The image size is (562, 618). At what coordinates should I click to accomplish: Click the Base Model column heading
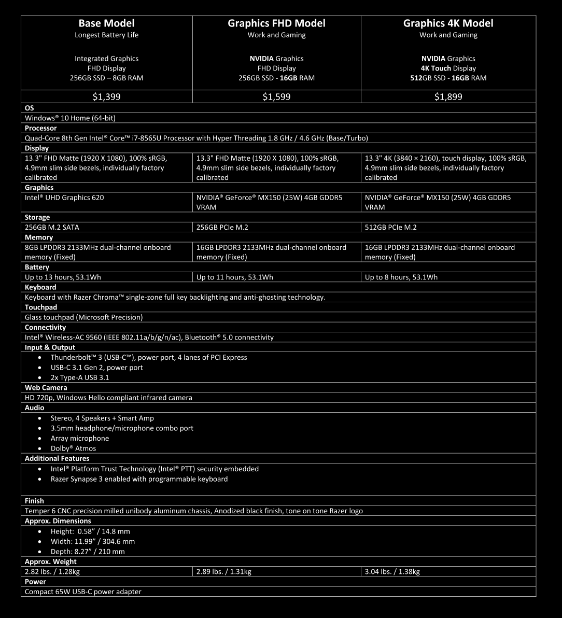click(106, 23)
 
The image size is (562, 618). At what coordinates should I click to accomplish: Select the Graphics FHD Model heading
click(276, 23)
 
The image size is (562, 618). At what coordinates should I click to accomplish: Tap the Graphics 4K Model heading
click(448, 23)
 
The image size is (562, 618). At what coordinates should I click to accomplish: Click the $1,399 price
click(106, 97)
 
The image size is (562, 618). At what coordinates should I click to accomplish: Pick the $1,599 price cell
click(276, 97)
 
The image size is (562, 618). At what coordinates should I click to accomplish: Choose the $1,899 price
click(448, 97)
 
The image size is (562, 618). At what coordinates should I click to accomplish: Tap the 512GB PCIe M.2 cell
click(391, 227)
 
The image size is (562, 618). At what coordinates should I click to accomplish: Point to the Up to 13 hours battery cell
click(63, 277)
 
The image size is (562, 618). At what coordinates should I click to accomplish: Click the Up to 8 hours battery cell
click(401, 277)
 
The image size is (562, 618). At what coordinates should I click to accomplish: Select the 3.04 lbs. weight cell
click(392, 571)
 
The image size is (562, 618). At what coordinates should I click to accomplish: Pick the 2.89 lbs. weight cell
click(224, 571)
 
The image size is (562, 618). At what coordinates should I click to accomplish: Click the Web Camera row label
click(46, 387)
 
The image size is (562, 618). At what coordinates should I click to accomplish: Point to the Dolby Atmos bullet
click(73, 448)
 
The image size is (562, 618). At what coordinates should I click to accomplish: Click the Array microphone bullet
click(80, 438)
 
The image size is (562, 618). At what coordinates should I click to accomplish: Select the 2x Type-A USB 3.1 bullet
click(80, 377)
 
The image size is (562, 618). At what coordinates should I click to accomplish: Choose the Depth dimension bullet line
click(88, 552)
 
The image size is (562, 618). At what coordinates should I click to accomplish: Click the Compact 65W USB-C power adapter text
click(83, 592)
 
